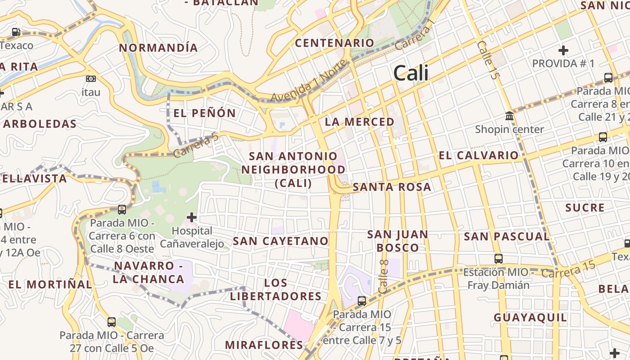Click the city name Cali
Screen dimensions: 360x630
(x=411, y=73)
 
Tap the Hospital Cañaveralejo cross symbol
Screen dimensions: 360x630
(x=192, y=218)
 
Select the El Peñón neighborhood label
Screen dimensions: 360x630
(x=205, y=113)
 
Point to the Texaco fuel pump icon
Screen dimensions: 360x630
(x=16, y=32)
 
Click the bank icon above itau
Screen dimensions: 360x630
(x=91, y=79)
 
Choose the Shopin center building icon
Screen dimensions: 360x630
(x=509, y=116)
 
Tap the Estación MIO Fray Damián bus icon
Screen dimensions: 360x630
(x=499, y=259)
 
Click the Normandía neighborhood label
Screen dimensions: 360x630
(x=158, y=48)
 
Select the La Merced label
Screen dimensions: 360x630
(x=360, y=122)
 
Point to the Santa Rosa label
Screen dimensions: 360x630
(x=392, y=187)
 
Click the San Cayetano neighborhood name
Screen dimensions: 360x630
(x=281, y=241)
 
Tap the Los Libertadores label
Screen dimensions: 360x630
(x=276, y=290)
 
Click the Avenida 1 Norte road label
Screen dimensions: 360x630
(x=309, y=81)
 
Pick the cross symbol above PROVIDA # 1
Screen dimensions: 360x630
(x=563, y=50)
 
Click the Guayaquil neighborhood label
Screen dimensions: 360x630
(x=531, y=318)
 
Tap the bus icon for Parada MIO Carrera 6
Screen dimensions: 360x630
(x=121, y=210)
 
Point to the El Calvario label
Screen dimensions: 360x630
(x=479, y=156)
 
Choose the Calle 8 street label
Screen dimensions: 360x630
(x=384, y=277)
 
